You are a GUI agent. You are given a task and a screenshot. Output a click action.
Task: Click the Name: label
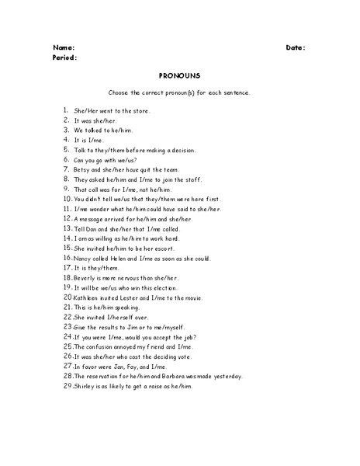pyautogui.click(x=64, y=47)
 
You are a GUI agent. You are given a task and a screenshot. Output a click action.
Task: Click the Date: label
pyautogui.click(x=296, y=47)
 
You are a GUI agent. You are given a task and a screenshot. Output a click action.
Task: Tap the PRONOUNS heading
pyautogui.click(x=179, y=76)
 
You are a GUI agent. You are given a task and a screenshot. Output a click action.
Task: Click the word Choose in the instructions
pyautogui.click(x=120, y=92)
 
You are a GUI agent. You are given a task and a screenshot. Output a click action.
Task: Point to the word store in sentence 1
pyautogui.click(x=140, y=111)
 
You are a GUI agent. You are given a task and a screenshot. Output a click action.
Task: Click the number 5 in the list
pyautogui.click(x=67, y=149)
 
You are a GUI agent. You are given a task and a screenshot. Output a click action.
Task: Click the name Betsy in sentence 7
pyautogui.click(x=81, y=169)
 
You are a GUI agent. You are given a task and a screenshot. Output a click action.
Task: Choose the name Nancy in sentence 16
pyautogui.click(x=83, y=258)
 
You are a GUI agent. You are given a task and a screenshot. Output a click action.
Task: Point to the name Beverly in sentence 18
pyautogui.click(x=85, y=277)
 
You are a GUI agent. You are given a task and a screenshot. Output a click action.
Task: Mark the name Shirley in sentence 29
pyautogui.click(x=85, y=386)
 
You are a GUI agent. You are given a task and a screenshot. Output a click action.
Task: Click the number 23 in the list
pyautogui.click(x=68, y=326)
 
